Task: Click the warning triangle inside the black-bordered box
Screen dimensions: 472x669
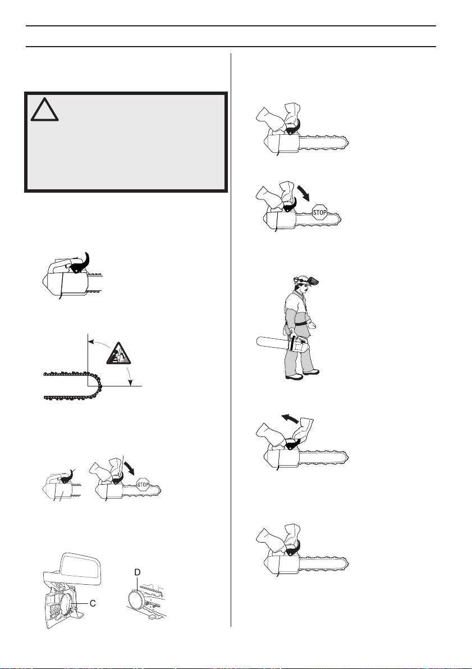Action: pos(44,109)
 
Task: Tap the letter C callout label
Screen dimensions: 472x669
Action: pos(93,603)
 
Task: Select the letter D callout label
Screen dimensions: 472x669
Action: pos(137,572)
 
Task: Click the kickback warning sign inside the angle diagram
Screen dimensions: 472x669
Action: pos(119,353)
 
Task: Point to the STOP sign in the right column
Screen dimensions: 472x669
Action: pos(319,212)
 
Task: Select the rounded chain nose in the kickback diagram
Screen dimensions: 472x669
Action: pos(99,385)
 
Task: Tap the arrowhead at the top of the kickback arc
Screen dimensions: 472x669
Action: pos(91,341)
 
